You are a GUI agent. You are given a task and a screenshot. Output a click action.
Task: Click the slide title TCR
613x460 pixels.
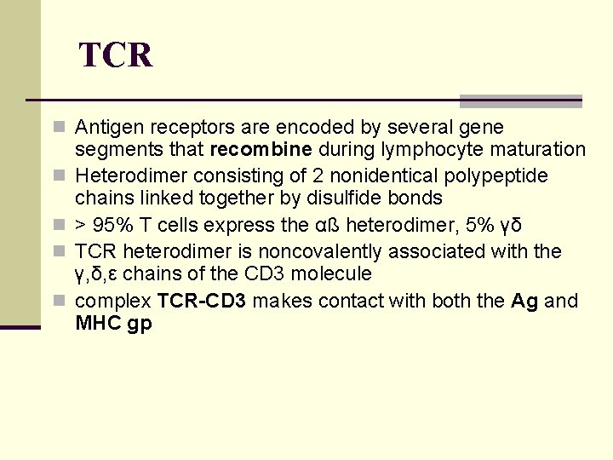point(116,56)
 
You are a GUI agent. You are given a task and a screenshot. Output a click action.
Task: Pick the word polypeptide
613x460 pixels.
point(498,175)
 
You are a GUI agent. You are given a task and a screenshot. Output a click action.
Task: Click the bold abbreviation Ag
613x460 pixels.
point(524,301)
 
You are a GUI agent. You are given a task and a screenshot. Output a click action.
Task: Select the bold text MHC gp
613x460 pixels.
point(113,324)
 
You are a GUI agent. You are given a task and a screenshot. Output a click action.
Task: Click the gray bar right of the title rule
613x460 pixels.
point(520,101)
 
